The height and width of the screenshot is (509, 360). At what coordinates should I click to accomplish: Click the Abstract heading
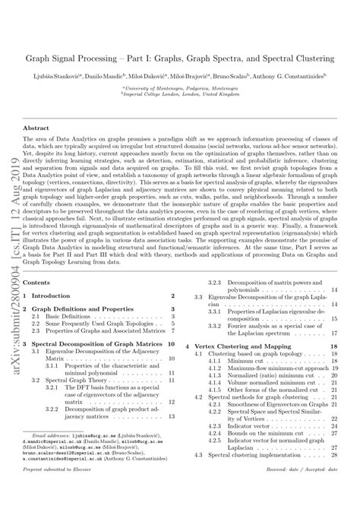(39, 128)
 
